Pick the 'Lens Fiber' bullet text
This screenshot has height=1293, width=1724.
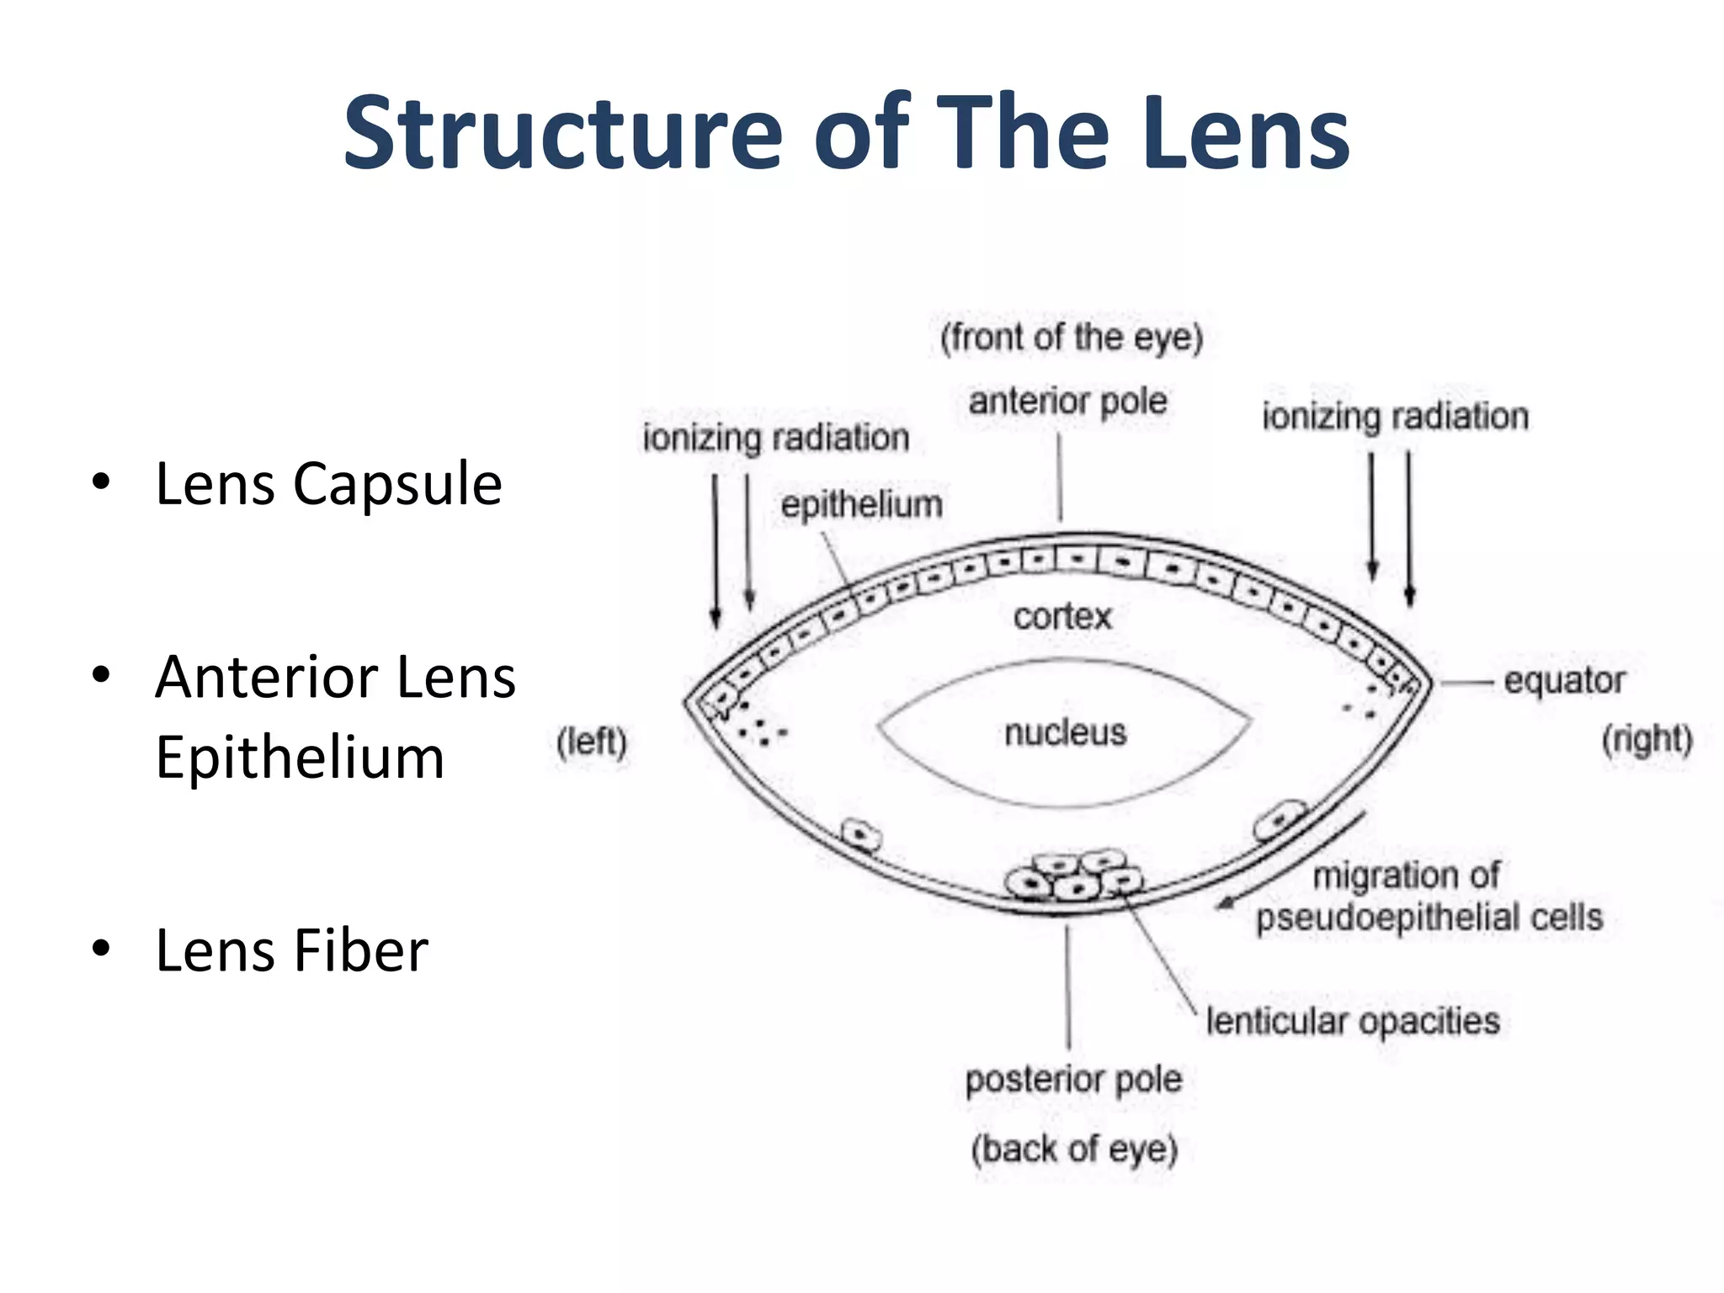pos(291,950)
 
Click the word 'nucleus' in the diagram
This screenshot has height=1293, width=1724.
pos(1065,732)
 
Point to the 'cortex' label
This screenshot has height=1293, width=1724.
pos(1062,616)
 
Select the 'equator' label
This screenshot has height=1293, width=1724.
pos(1564,680)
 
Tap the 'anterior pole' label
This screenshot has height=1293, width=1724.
pos(1067,402)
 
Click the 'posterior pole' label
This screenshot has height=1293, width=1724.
pos(1073,1079)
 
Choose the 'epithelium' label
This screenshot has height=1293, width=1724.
pos(861,504)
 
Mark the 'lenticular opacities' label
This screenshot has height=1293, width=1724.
pos(1353,1021)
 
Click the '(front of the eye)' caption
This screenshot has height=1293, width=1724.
pos(1072,338)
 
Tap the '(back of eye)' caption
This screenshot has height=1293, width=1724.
pos(1074,1149)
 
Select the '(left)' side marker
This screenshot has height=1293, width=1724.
pos(592,742)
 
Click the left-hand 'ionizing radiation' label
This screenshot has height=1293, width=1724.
pos(775,438)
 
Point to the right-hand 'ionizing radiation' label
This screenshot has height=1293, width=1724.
pos(1395,417)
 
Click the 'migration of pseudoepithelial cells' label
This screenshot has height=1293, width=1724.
pos(1429,897)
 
